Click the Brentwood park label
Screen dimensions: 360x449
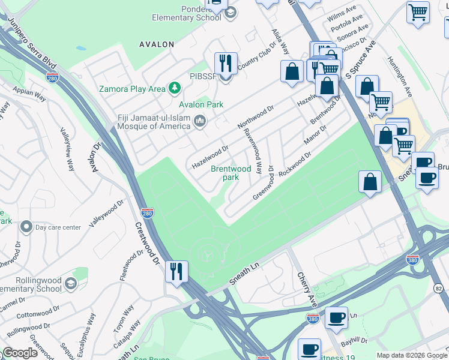(231, 173)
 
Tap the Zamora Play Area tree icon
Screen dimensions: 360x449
(175, 89)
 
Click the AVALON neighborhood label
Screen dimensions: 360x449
(156, 44)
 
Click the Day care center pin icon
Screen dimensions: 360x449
(26, 227)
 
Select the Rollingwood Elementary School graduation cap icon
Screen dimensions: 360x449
(70, 283)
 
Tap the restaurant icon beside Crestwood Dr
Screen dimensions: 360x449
(176, 272)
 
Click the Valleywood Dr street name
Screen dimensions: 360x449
(106, 214)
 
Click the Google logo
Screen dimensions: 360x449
(20, 353)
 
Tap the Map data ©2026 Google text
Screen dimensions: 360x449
(411, 355)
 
